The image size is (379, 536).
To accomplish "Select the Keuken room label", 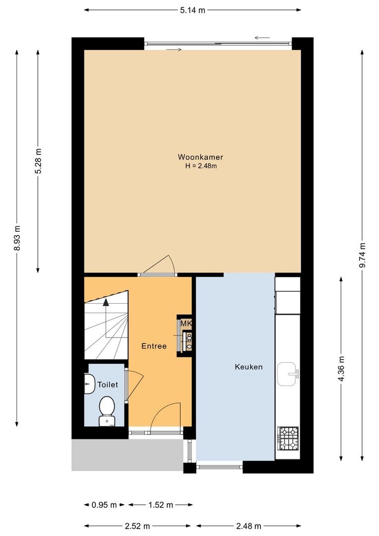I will point(248,367).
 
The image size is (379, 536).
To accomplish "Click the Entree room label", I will point(154,346).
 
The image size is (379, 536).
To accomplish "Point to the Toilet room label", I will point(108,385).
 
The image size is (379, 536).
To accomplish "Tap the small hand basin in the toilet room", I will point(89,384).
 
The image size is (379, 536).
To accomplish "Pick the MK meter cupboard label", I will point(186,324).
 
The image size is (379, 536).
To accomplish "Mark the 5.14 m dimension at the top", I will point(192,10).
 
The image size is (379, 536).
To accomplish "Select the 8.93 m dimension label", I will point(17,238).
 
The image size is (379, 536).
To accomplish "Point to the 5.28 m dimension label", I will point(38,161).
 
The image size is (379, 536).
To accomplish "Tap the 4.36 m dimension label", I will point(341,369).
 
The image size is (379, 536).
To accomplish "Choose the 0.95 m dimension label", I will point(104,505).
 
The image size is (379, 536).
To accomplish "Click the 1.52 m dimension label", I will point(160,505).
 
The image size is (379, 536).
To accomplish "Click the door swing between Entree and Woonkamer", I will point(163,266).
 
